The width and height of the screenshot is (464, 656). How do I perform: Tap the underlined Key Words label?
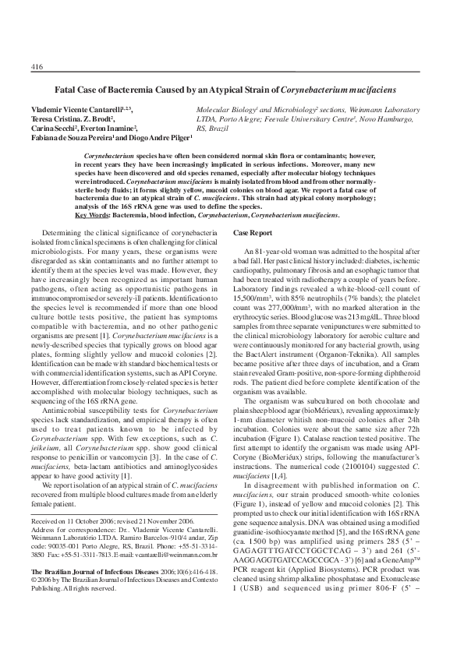tap(92, 214)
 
